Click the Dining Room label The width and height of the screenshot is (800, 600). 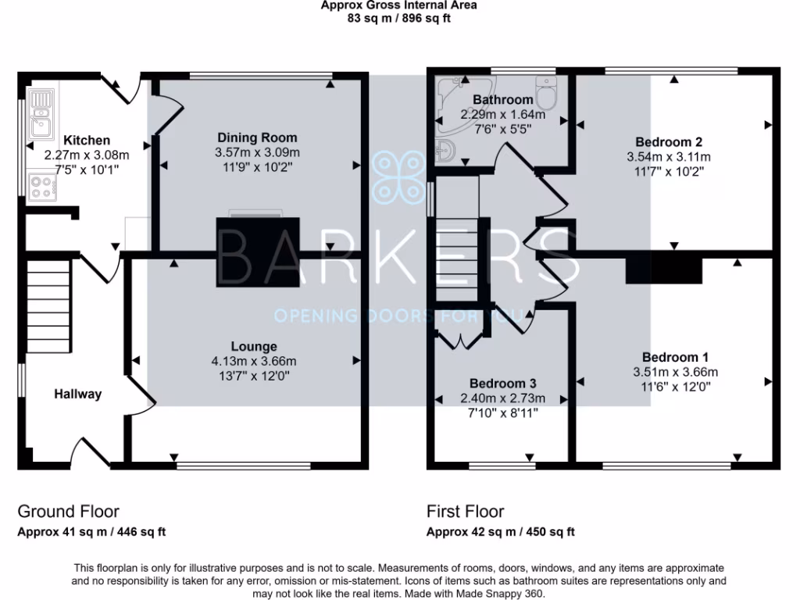[257, 138]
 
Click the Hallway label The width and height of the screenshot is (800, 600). [77, 395]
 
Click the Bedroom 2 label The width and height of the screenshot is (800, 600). [668, 142]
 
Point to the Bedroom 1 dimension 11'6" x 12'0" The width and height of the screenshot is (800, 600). [674, 386]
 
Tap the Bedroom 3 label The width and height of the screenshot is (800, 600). [502, 384]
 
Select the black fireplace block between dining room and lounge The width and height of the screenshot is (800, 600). [258, 252]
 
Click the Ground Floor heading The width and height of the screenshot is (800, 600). [69, 512]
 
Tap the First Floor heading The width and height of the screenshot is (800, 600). [465, 512]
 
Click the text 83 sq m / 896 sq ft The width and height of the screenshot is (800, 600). [399, 18]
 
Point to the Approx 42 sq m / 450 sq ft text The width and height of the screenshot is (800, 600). [501, 532]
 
